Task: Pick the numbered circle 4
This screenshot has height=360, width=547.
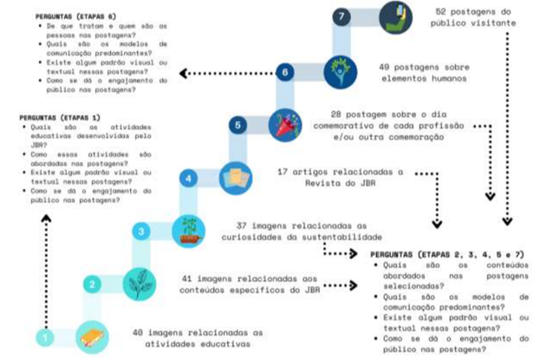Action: coord(189,179)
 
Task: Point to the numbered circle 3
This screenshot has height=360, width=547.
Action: coord(140,231)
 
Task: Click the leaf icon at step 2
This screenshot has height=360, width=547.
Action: coord(139,283)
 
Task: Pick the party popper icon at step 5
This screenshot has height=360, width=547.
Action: coord(285,125)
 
